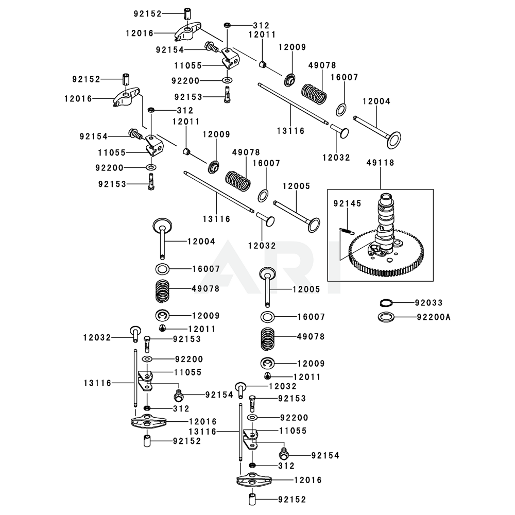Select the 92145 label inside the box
[x=343, y=203]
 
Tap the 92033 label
[x=428, y=303]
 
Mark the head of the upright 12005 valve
[x=268, y=272]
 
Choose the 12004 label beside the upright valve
[x=201, y=241]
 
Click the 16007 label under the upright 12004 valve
[x=205, y=269]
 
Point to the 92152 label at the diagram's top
[x=147, y=14]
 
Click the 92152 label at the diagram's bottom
[x=291, y=499]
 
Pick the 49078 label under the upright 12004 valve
[x=205, y=289]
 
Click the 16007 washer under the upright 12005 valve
[x=268, y=317]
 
